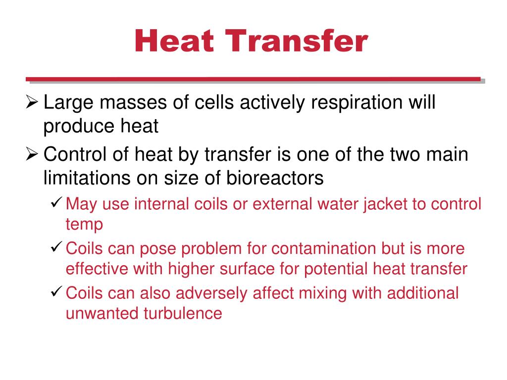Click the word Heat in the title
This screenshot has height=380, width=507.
[x=173, y=42]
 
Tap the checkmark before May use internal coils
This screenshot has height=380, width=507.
[x=56, y=203]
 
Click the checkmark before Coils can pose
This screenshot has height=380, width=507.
[x=56, y=248]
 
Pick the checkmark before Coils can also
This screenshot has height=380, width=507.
[x=56, y=292]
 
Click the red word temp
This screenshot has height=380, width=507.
[x=84, y=225]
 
